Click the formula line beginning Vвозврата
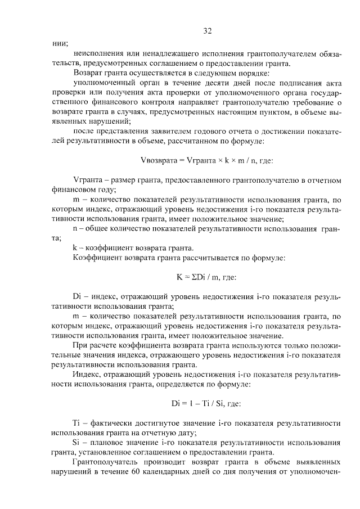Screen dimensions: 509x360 point(207,160)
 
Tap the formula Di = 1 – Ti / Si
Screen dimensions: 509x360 point(207,403)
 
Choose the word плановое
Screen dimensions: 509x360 point(110,442)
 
